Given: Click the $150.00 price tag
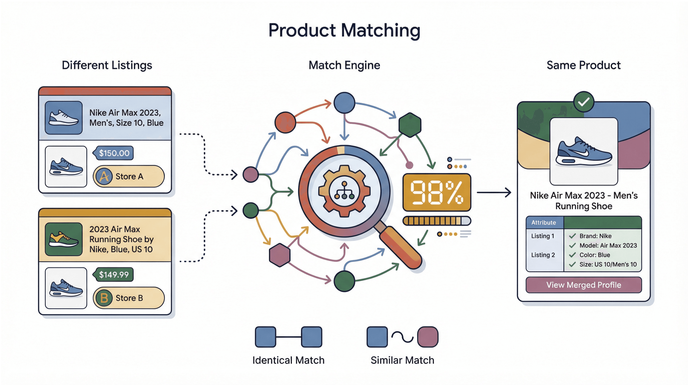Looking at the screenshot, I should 114,153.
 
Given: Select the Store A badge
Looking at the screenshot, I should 129,176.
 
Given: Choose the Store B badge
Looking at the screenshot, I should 129,298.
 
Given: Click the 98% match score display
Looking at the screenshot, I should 437,192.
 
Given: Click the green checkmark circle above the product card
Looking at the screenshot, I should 584,102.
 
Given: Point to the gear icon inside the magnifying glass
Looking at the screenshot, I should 344,191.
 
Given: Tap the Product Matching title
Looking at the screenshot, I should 344,30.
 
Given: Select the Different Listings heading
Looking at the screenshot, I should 107,65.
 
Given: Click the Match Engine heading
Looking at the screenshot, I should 344,65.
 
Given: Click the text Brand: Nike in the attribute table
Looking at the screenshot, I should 595,236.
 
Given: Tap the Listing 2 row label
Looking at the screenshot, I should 543,255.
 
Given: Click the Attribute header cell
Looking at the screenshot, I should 543,222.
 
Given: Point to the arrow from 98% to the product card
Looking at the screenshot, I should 494,192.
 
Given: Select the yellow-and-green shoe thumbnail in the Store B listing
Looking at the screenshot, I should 64,239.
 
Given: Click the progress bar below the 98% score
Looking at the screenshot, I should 437,221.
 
